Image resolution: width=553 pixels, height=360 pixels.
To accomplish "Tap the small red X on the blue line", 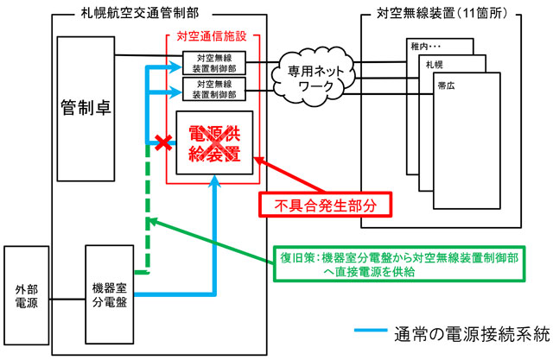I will [x=159, y=142].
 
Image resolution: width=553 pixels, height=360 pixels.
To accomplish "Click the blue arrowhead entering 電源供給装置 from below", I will [x=214, y=183].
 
